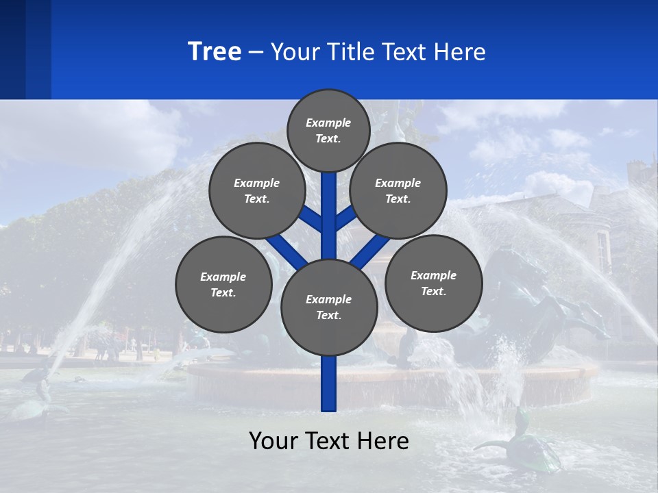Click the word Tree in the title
215,51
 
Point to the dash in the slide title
256,53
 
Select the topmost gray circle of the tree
328,130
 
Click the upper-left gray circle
257,190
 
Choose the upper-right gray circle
398,190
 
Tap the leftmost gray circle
223,284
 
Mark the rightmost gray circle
433,283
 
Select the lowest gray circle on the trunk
329,307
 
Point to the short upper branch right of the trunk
346,218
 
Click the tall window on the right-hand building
602,251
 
